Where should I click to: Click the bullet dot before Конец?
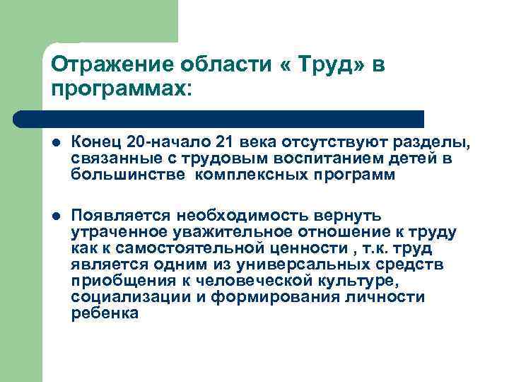[56, 145]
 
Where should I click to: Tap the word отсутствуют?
[325, 144]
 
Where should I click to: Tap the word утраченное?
[118, 231]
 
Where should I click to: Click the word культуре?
[353, 281]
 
